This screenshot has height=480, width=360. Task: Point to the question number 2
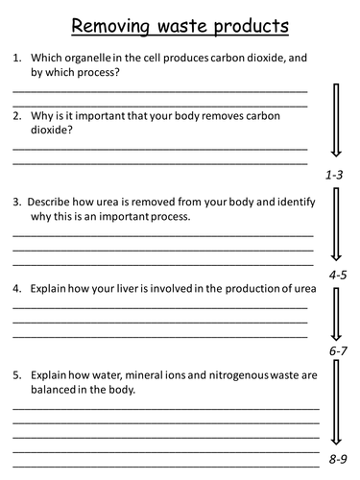(x=16, y=115)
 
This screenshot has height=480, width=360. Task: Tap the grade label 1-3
(x=334, y=175)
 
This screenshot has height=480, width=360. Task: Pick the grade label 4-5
(x=336, y=275)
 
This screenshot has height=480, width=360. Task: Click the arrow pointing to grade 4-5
(x=336, y=227)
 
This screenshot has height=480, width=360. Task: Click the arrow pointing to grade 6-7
(x=337, y=317)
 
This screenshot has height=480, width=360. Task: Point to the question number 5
(x=16, y=375)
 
